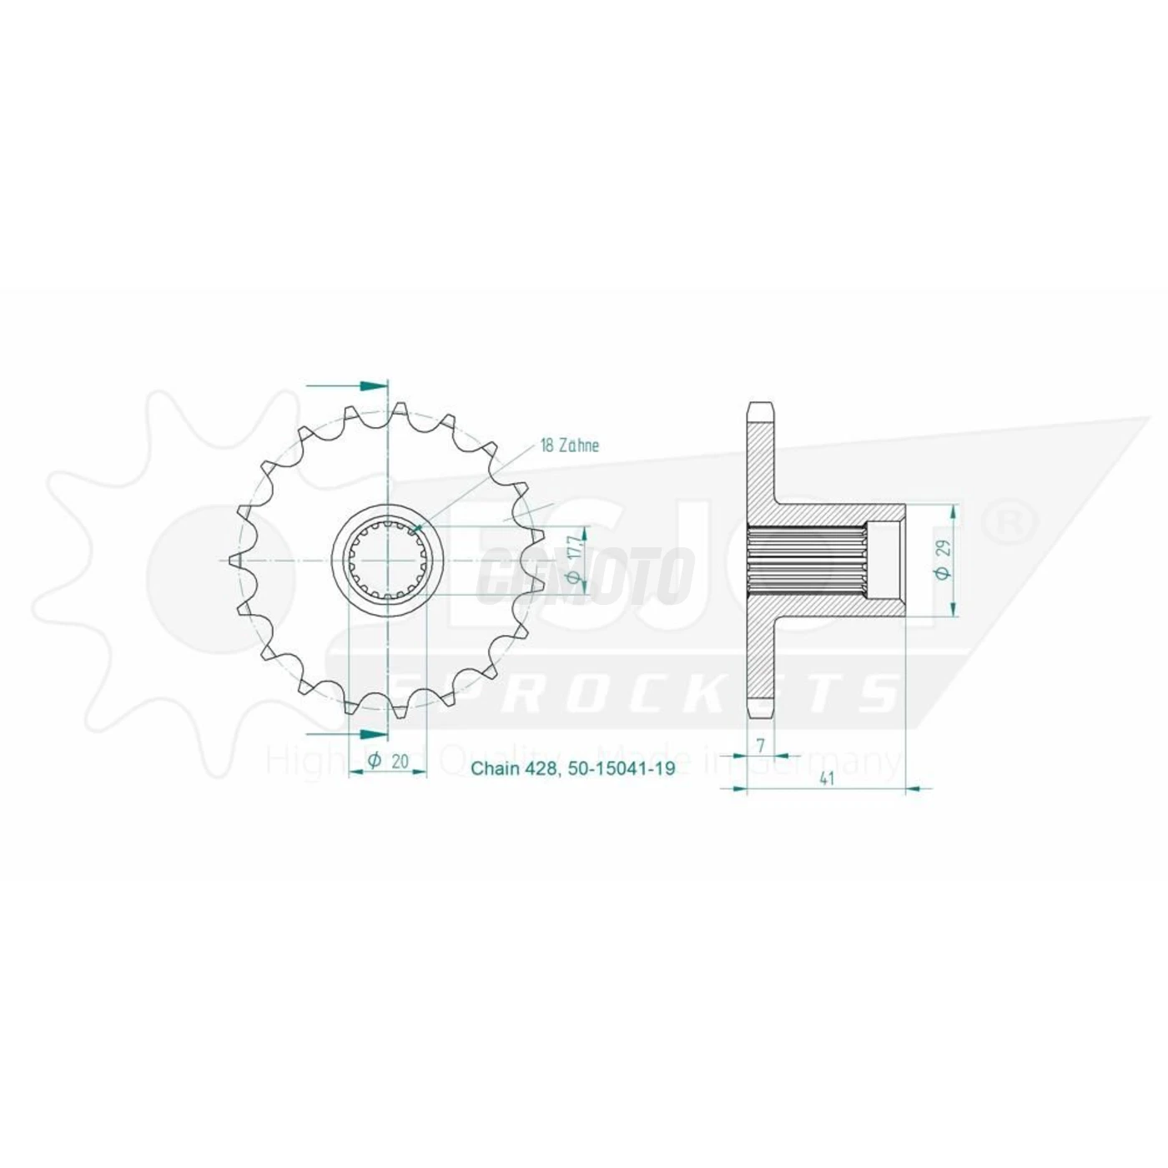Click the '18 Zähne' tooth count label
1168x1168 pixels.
570,446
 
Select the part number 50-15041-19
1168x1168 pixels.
621,769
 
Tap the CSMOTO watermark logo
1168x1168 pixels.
584,576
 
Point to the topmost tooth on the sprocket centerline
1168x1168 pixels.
399,410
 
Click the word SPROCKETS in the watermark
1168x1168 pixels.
651,692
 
